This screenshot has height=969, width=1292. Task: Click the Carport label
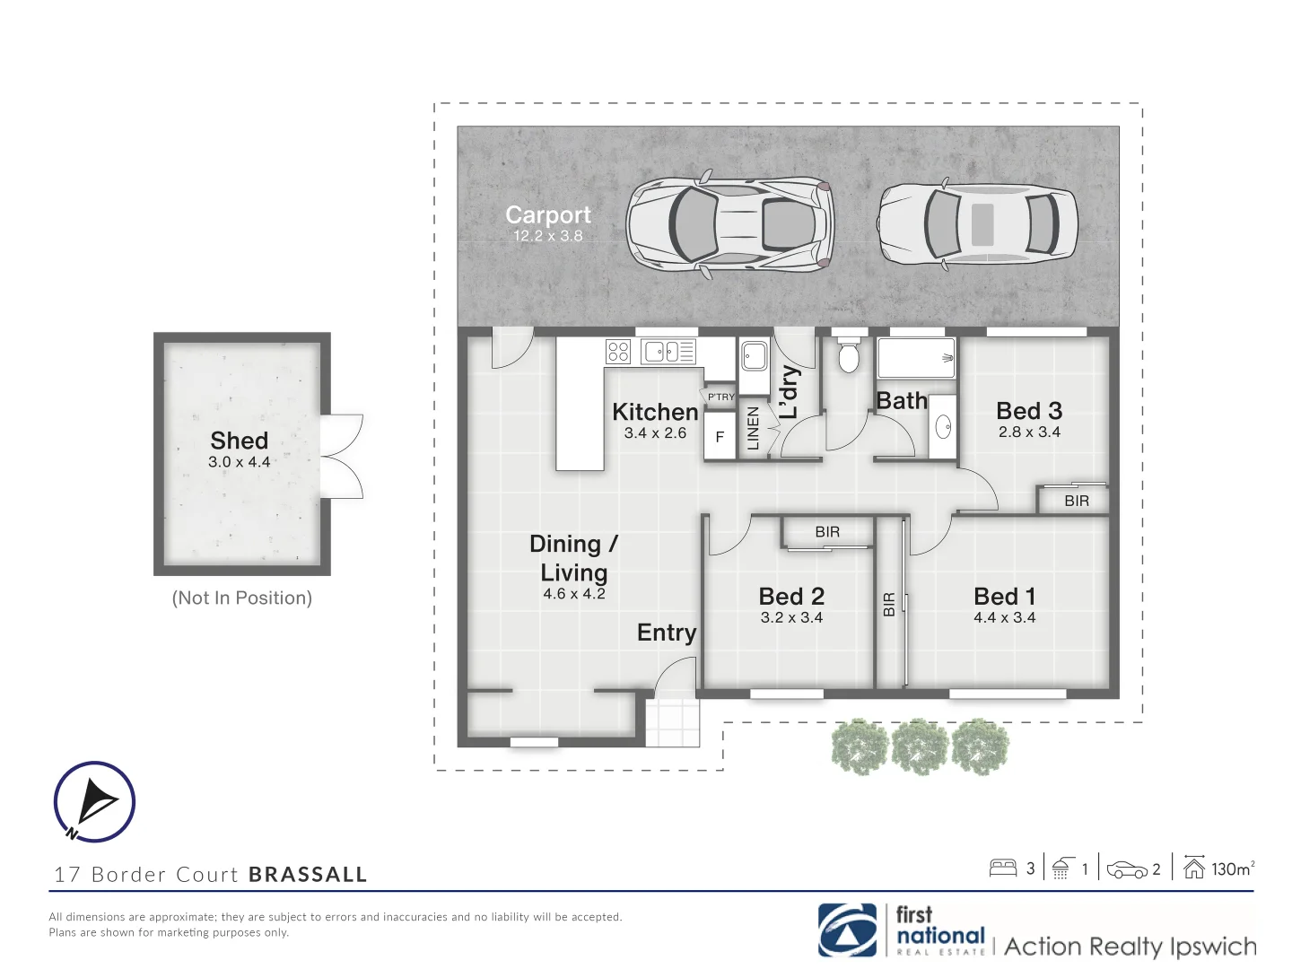tap(547, 215)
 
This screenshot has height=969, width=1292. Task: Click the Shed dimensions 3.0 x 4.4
tap(239, 462)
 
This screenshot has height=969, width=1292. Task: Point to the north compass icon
tap(94, 801)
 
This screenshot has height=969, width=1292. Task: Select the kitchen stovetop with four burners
tap(618, 351)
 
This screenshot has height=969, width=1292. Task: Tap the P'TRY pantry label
tap(720, 397)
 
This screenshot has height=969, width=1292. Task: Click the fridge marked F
tap(720, 438)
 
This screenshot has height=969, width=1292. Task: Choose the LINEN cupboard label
tap(754, 428)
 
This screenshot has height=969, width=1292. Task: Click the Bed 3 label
tap(1028, 411)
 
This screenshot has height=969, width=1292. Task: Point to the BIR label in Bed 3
tap(1076, 501)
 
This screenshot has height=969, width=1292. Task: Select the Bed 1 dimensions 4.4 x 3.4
tap(1004, 617)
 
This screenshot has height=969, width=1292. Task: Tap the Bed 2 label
tap(790, 597)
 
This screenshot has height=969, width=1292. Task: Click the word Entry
tap(666, 633)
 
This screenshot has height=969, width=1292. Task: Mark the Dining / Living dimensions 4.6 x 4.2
tap(573, 594)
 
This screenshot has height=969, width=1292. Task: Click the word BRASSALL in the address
tap(308, 875)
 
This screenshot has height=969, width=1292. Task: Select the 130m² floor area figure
tap(1232, 869)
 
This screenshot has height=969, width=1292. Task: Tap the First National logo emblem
tap(847, 931)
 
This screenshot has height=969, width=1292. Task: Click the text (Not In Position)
tap(241, 598)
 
